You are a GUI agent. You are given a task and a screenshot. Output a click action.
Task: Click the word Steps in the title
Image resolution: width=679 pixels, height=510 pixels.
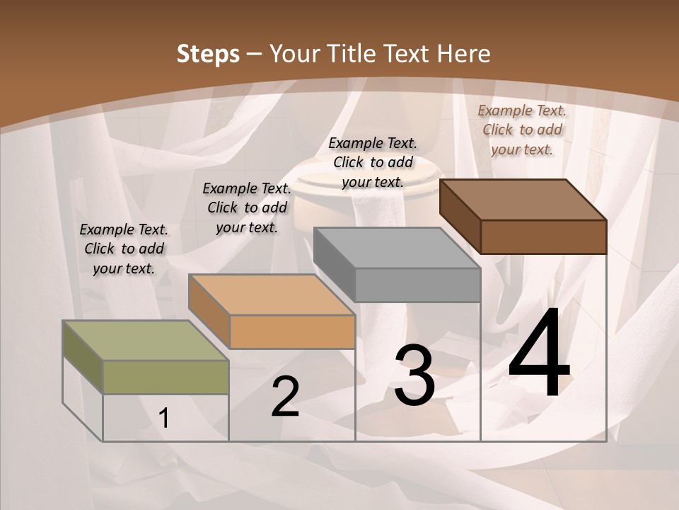click(208, 54)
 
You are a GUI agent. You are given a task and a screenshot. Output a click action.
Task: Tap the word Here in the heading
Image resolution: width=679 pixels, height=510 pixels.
click(464, 54)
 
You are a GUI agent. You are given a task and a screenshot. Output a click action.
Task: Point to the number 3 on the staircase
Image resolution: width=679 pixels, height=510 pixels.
click(414, 375)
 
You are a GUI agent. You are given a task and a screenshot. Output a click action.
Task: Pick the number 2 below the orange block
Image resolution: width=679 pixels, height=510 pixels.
click(285, 397)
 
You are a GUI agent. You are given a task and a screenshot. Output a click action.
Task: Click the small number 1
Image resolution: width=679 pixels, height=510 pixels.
click(164, 419)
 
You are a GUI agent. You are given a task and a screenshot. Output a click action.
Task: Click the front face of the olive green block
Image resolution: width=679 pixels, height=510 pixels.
click(166, 377)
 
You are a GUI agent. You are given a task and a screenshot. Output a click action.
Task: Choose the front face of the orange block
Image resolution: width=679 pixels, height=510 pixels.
click(292, 331)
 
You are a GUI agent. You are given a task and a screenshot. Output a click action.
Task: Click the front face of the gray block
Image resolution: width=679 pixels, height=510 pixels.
click(417, 285)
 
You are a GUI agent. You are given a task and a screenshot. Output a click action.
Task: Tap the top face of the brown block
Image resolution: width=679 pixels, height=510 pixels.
click(523, 199)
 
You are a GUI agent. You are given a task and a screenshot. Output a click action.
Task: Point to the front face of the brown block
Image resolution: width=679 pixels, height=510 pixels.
click(543, 237)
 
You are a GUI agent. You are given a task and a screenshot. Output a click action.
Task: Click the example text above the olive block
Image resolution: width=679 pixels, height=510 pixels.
click(124, 249)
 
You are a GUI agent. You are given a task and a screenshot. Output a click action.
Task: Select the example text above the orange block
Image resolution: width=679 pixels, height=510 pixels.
click(247, 208)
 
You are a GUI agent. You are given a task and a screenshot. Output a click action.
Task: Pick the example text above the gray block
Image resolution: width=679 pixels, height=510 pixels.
click(373, 162)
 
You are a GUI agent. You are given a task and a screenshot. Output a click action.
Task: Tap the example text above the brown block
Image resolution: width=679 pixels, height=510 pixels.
click(522, 130)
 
